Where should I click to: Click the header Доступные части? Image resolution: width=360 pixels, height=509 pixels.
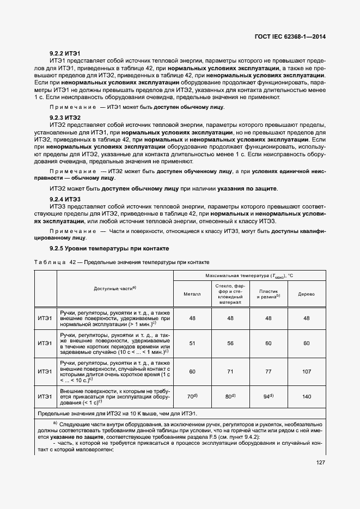[x=114, y=288]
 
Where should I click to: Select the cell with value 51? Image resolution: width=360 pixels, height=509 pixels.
[x=192, y=343]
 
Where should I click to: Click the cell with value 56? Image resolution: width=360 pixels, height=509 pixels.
[x=230, y=343]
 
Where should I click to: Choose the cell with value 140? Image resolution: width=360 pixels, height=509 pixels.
[x=306, y=397]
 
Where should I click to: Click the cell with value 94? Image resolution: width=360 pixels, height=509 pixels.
[x=267, y=397]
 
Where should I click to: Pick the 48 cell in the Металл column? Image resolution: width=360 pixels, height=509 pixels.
[x=192, y=318]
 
